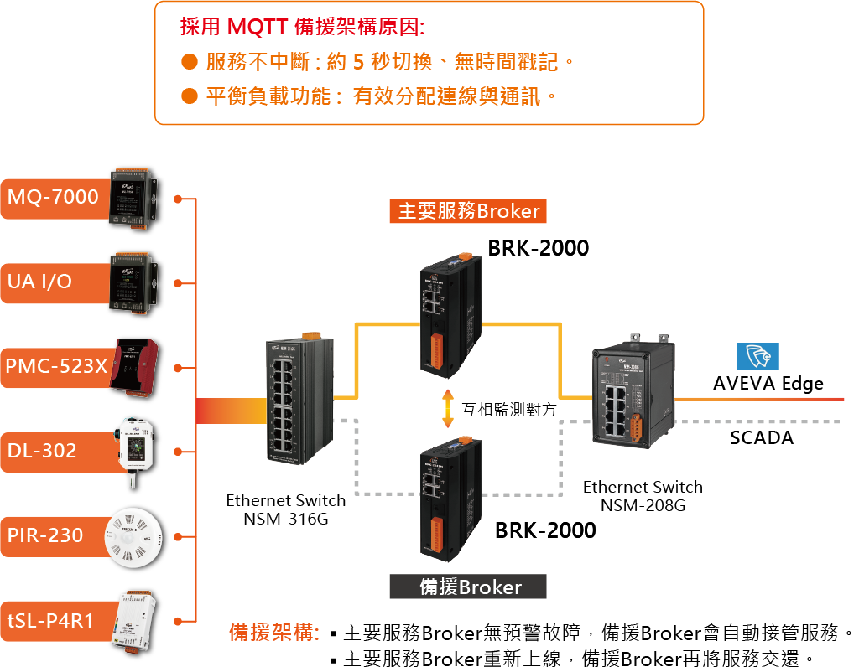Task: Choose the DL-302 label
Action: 42,451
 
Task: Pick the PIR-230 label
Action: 45,535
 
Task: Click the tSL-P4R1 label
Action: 50,620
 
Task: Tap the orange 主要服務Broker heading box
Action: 468,210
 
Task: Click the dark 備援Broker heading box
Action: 468,587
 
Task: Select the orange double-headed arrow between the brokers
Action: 448,409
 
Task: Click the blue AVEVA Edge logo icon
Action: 757,357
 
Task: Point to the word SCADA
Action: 761,437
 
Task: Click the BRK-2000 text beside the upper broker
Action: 539,248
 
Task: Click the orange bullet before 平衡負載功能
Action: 190,96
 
